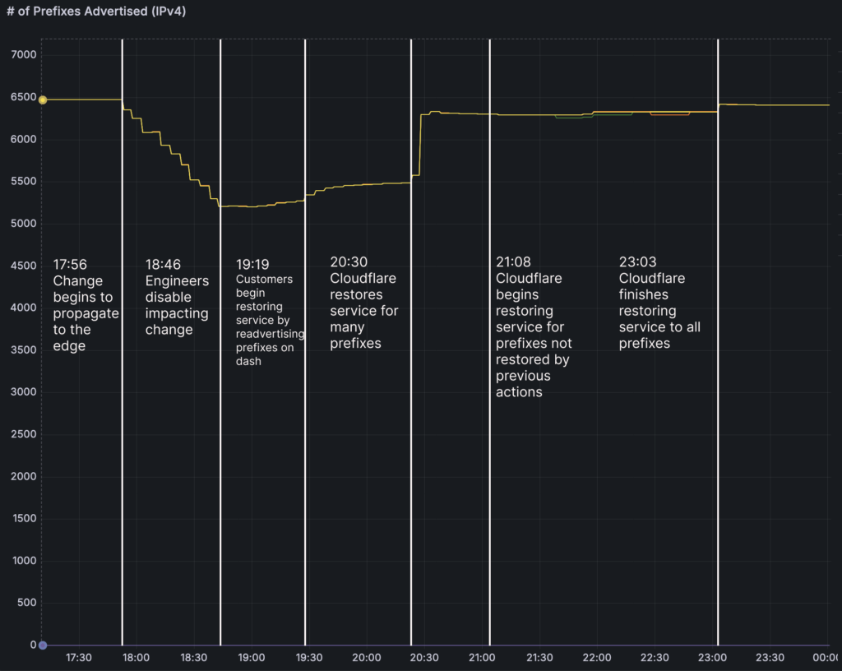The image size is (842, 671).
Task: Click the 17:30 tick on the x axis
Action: [78, 658]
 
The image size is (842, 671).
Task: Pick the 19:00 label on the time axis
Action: [251, 658]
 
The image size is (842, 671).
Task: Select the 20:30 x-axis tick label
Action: [423, 658]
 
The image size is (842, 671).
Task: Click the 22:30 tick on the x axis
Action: [654, 658]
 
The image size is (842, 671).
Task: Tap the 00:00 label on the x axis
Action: [826, 658]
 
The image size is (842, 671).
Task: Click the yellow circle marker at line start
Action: [43, 99]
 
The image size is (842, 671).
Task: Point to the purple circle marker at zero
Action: [43, 646]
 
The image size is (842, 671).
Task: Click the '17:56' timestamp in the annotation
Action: [70, 265]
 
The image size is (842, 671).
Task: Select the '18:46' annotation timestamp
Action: [163, 265]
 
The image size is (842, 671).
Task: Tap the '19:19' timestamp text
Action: [252, 265]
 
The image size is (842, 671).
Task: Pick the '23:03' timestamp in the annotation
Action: [637, 261]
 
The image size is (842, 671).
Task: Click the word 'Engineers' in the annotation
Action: [177, 281]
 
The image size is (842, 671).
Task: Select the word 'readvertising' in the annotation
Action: [270, 334]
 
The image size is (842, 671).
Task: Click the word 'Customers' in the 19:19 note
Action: [264, 279]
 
